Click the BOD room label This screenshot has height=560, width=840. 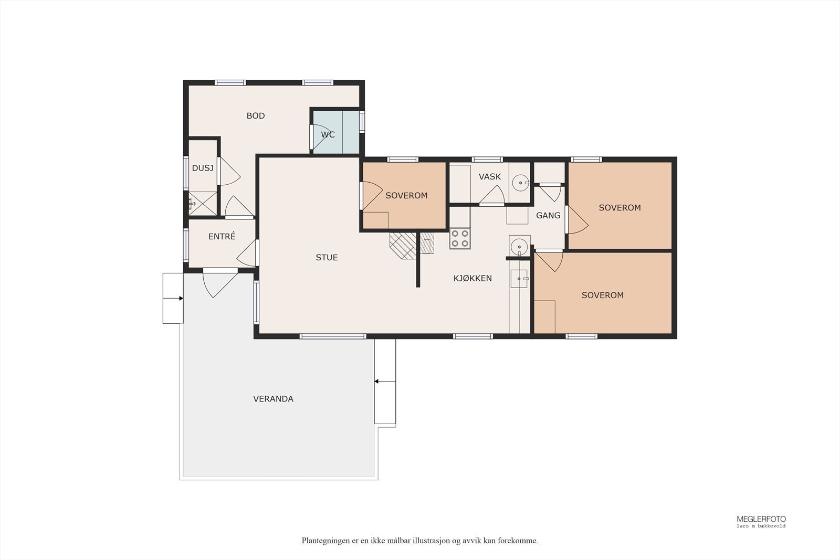(x=255, y=116)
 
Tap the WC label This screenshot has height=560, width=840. (x=328, y=134)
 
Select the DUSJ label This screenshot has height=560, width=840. (x=203, y=168)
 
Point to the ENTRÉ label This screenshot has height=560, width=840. (x=222, y=236)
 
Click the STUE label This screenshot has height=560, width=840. (x=327, y=258)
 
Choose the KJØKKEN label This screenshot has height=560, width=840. (x=472, y=278)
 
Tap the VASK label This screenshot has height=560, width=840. (x=490, y=176)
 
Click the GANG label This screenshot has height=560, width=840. (x=548, y=216)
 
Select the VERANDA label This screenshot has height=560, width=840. (x=273, y=399)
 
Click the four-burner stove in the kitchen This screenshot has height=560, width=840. (x=460, y=239)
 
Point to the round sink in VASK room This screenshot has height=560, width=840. (x=520, y=183)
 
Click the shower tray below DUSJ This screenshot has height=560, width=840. (x=203, y=204)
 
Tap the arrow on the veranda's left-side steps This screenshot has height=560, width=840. (x=173, y=298)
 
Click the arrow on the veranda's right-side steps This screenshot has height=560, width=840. (x=385, y=382)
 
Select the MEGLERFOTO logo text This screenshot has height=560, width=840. (x=761, y=519)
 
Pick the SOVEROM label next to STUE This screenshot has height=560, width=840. (x=406, y=196)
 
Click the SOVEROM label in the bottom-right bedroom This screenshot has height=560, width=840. (x=603, y=295)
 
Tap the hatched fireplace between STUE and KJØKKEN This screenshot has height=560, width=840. (x=412, y=246)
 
